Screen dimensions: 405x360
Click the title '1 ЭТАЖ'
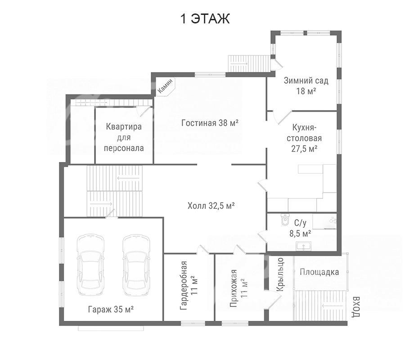tap(205, 19)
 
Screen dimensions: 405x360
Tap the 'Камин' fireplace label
tap(165, 86)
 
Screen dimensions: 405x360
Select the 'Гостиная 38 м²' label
tap(210, 123)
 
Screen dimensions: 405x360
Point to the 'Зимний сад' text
tap(306, 81)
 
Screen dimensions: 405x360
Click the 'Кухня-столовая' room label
tap(304, 133)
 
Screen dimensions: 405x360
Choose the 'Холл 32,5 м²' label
tap(211, 206)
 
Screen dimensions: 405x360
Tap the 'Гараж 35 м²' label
tap(111, 309)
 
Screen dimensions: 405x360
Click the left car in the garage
tap(91, 265)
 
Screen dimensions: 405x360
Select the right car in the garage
tap(136, 265)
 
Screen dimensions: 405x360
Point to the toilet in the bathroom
tap(285, 220)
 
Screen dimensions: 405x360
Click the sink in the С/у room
tap(304, 246)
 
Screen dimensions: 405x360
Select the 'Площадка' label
tap(319, 272)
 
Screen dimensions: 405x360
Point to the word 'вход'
tap(356, 307)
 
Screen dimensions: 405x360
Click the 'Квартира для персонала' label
tap(124, 137)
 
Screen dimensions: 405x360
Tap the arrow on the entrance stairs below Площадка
tap(333, 305)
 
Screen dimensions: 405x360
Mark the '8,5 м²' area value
tap(300, 234)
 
